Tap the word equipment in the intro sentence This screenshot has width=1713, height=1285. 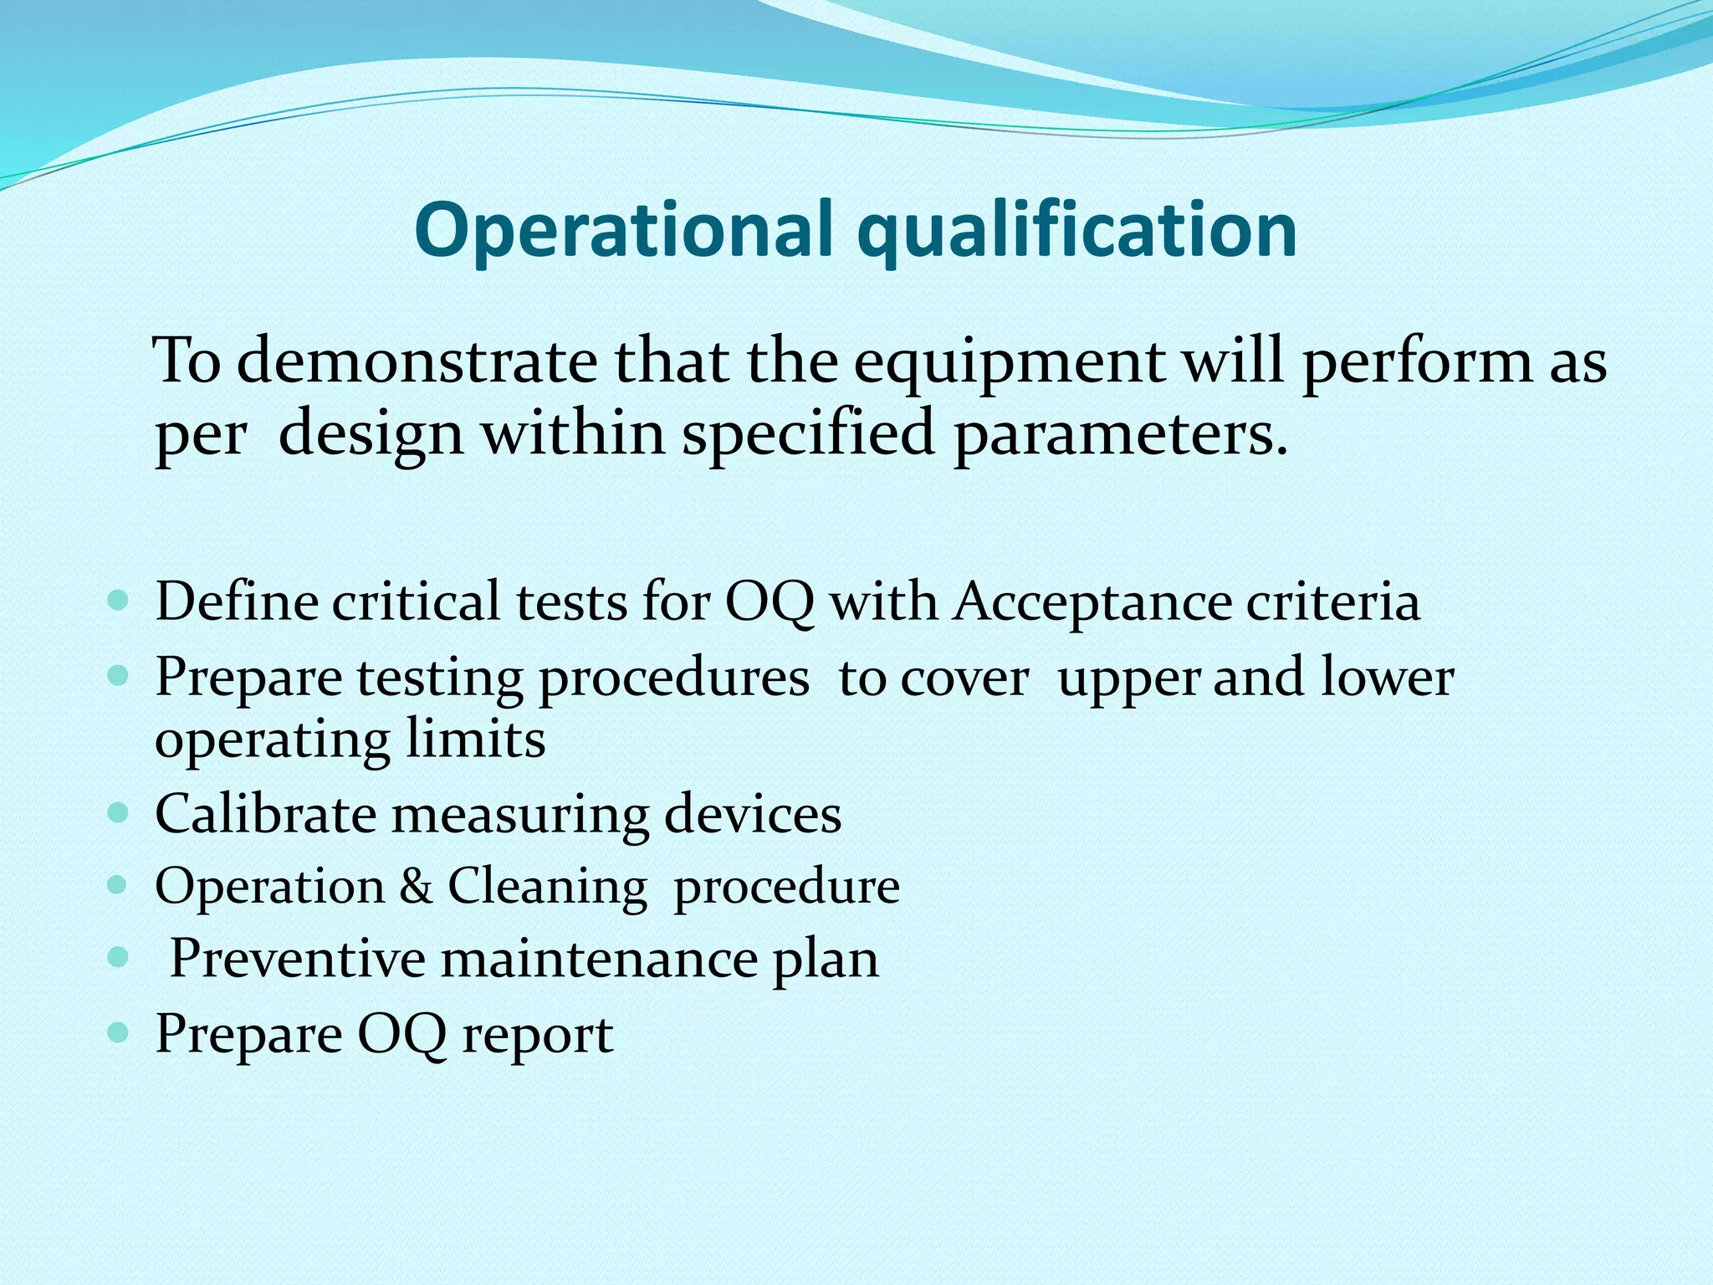pyautogui.click(x=1007, y=361)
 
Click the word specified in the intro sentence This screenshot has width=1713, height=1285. pyautogui.click(x=807, y=435)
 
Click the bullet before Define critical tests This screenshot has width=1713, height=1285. pyautogui.click(x=119, y=600)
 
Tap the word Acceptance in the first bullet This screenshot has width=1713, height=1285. pyautogui.click(x=1092, y=602)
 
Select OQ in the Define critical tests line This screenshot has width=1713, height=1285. pyautogui.click(x=769, y=602)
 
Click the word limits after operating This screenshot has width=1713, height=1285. pyautogui.click(x=476, y=740)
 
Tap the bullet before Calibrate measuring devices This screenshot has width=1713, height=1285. pyautogui.click(x=119, y=811)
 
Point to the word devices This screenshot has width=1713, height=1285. pyautogui.click(x=752, y=813)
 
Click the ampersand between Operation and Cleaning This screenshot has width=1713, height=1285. pyautogui.click(x=416, y=886)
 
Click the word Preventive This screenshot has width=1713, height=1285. pyautogui.click(x=297, y=958)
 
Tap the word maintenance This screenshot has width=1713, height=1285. pyautogui.click(x=599, y=958)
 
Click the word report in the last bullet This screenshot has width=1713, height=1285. pyautogui.click(x=537, y=1035)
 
